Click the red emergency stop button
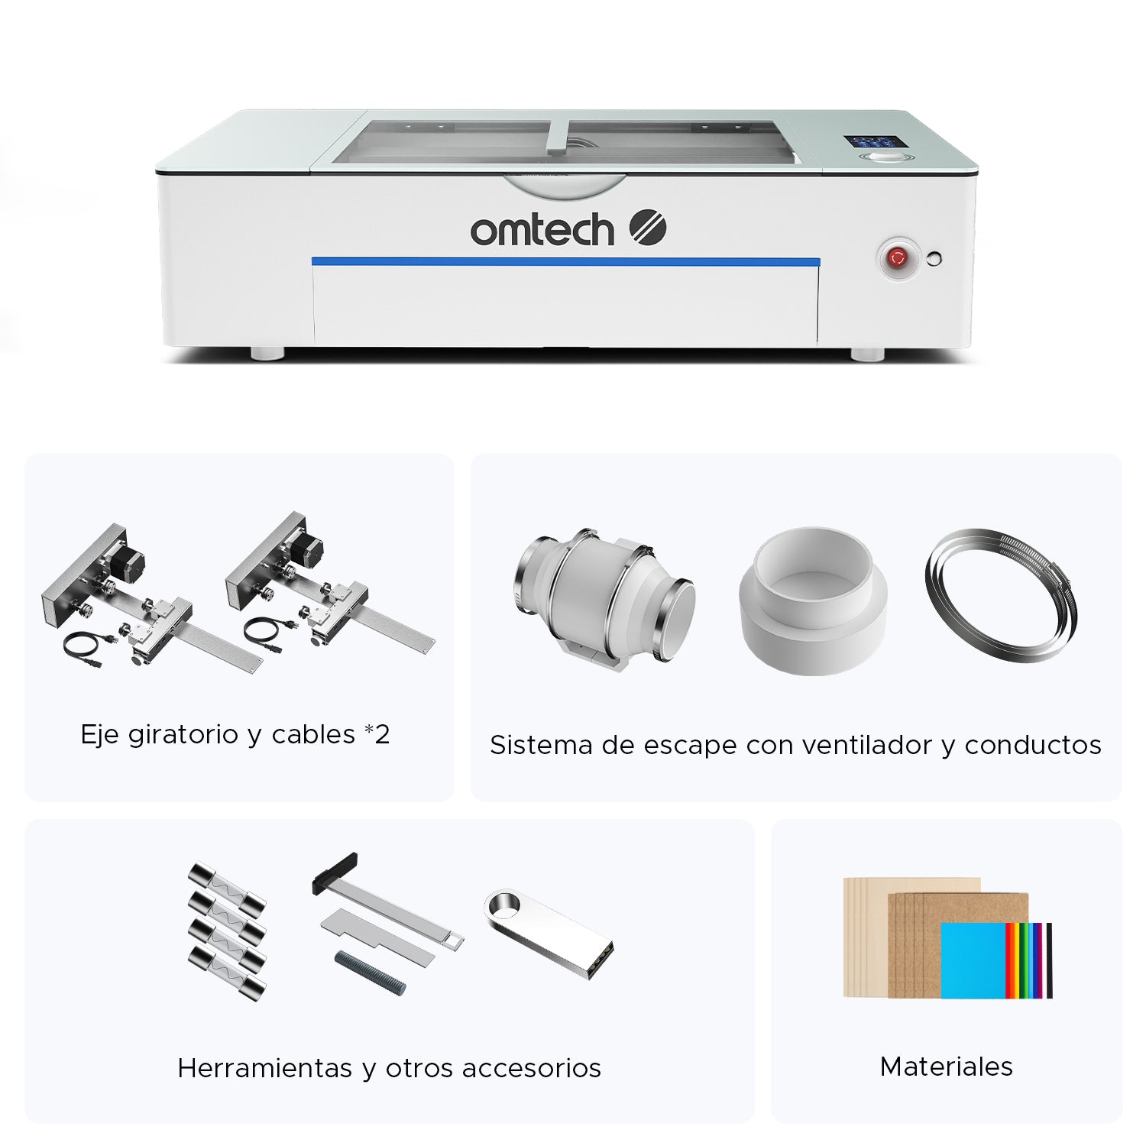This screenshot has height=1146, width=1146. point(897,258)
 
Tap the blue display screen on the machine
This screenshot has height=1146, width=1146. point(870,142)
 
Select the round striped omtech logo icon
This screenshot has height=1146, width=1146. point(648,227)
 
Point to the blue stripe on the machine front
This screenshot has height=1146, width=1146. point(566,262)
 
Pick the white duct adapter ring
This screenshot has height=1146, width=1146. point(813,601)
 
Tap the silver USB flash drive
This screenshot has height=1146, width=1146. point(549,933)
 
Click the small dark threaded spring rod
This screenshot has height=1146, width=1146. point(371,973)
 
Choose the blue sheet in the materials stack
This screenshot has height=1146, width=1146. point(973,960)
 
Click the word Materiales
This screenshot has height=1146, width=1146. point(946,1066)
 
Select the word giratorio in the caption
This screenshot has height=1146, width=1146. point(183,735)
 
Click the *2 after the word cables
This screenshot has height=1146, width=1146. point(377,733)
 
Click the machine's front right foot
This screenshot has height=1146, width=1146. point(868,354)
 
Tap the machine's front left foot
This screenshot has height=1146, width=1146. point(267,353)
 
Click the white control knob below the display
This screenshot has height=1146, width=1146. point(885,157)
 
